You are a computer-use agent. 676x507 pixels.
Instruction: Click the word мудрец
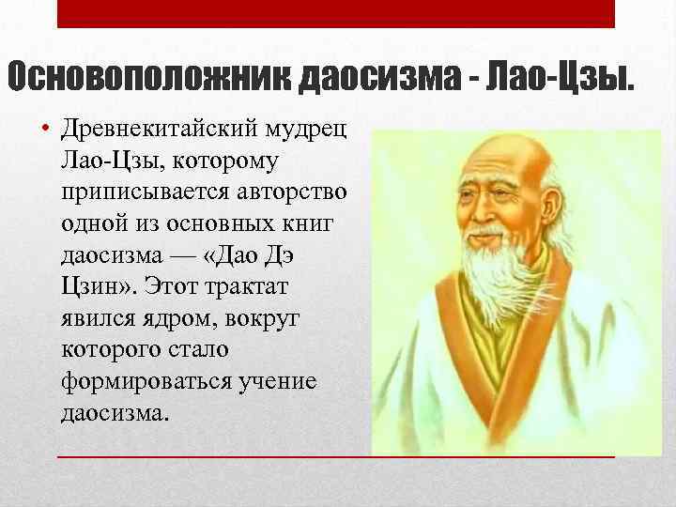[x=309, y=130]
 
